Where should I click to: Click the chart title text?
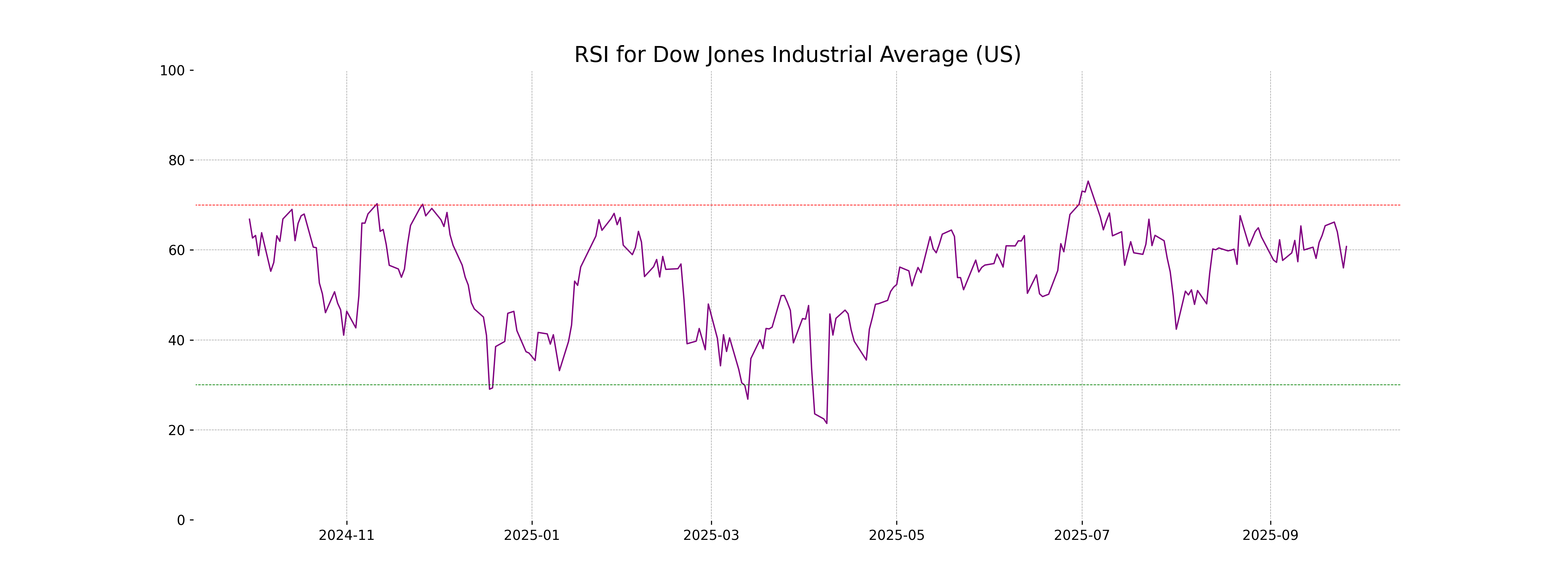click(797, 55)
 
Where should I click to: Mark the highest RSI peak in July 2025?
click(1088, 181)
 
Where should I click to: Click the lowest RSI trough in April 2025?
click(827, 423)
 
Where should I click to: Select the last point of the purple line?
click(1346, 246)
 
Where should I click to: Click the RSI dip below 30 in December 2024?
click(489, 389)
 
